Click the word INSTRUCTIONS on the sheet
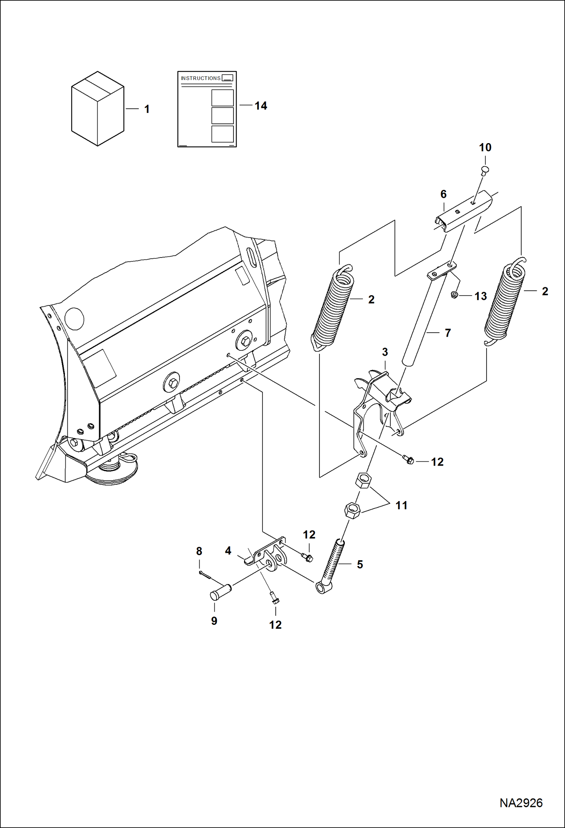[x=200, y=78]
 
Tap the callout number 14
[x=261, y=106]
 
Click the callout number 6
[x=444, y=194]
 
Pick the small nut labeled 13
[x=455, y=295]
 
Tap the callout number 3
[x=385, y=352]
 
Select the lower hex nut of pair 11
[x=352, y=510]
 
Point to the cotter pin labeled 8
[x=204, y=574]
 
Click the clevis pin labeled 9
[x=220, y=592]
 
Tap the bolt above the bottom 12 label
[x=275, y=598]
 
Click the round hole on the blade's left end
[x=74, y=319]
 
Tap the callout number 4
[x=228, y=550]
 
